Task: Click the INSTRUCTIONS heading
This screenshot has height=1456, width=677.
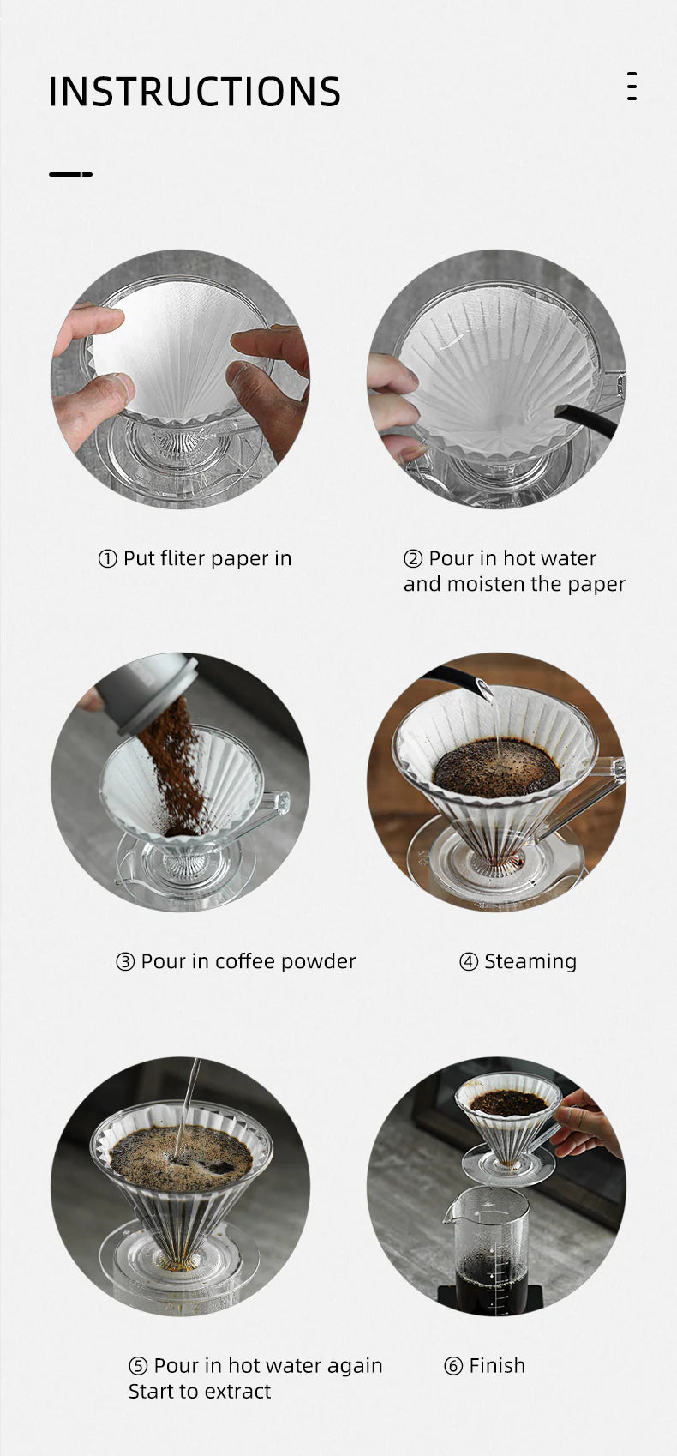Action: click(x=194, y=92)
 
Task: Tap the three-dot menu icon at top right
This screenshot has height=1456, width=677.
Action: click(x=632, y=87)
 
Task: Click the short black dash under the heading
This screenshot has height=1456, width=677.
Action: click(x=70, y=174)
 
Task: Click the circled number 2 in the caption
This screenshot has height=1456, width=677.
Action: click(x=413, y=559)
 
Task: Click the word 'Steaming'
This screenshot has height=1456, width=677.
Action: click(x=530, y=961)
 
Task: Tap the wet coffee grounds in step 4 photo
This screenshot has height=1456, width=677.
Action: click(x=495, y=766)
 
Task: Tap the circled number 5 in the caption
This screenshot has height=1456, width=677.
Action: click(x=138, y=1366)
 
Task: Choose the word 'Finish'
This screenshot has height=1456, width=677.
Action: click(x=497, y=1365)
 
